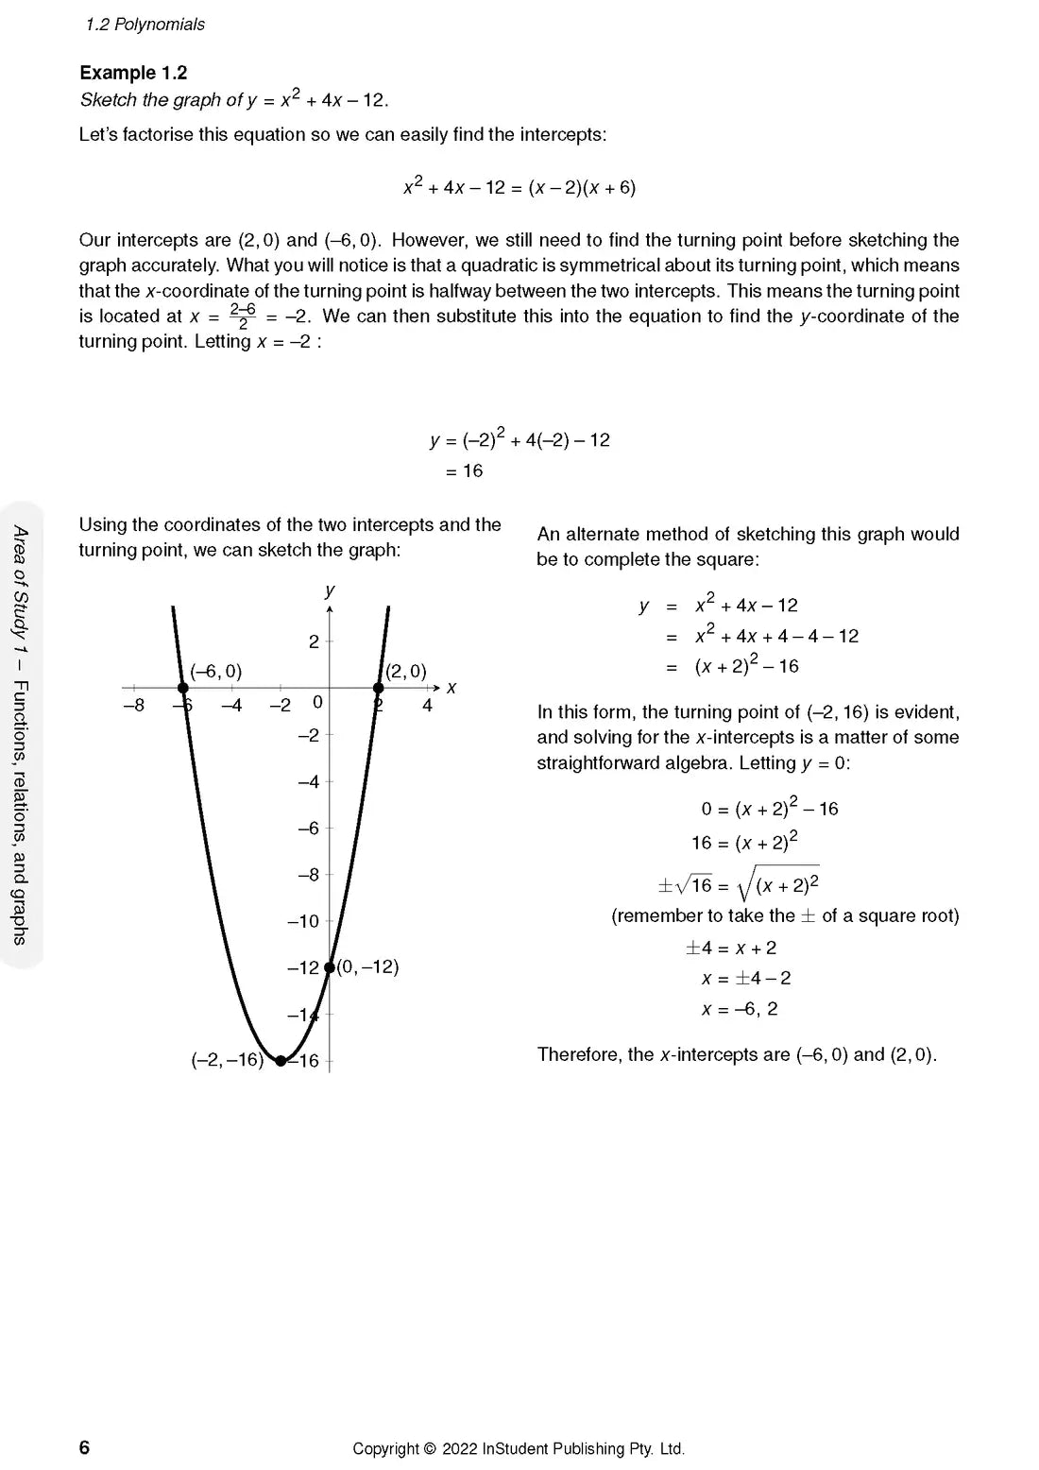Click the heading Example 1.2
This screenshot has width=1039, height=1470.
pos(133,73)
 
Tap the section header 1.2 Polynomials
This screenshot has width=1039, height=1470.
pos(145,25)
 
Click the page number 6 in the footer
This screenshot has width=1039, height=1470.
pos(84,1447)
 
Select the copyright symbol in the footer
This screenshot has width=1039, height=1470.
pos(430,1448)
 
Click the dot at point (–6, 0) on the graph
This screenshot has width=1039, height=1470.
pos(183,688)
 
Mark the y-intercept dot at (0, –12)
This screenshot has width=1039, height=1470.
pos(329,966)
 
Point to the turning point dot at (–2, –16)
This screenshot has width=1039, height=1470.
pos(281,1061)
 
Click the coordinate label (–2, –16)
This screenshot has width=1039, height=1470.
pos(227,1060)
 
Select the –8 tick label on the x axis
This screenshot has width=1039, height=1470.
pos(134,706)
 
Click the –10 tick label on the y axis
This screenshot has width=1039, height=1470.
pos(303,921)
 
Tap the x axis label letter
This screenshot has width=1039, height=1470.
pos(451,688)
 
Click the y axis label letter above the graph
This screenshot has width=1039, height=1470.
pos(330,590)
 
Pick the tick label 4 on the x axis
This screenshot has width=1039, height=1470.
pos(427,706)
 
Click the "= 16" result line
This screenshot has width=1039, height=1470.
pos(464,470)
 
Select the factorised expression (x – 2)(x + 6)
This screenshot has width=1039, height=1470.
pos(582,187)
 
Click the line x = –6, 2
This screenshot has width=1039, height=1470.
pos(740,1009)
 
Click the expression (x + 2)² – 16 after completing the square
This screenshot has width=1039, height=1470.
pos(746,666)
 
